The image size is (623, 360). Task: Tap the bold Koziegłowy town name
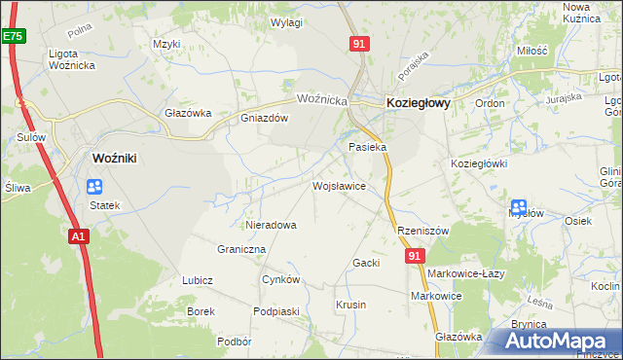[x=418, y=101]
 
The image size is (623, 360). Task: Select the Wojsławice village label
[x=338, y=185]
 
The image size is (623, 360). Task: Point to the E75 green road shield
[x=12, y=36]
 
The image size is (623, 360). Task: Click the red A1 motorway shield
[x=79, y=235]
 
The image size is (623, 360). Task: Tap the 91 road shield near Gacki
[x=416, y=255]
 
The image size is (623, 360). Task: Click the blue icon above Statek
[x=94, y=187]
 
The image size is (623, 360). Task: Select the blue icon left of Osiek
[x=519, y=207]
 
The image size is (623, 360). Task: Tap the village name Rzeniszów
[x=422, y=231]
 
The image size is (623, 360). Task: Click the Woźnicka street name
[x=322, y=99]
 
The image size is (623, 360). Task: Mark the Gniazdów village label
[x=265, y=119]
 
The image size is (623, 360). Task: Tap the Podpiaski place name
[x=275, y=310]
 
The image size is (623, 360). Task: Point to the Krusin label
[x=350, y=305]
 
